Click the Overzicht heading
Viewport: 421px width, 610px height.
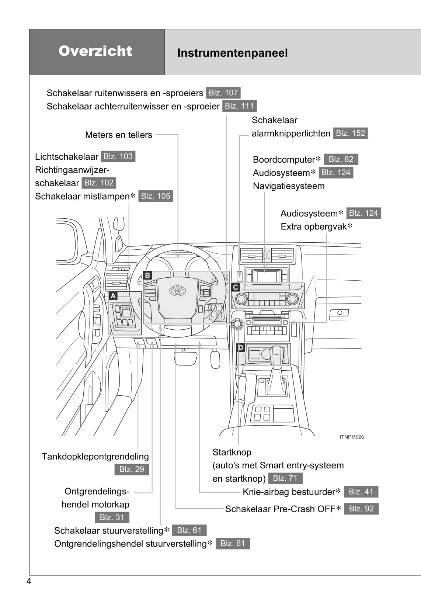click(x=95, y=51)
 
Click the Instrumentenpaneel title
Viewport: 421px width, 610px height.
click(x=232, y=53)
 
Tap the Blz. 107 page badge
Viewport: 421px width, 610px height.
click(x=223, y=93)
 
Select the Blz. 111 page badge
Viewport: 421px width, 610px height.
click(x=240, y=106)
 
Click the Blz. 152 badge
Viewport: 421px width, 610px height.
click(x=350, y=133)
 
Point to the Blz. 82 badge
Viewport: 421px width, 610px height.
click(x=341, y=159)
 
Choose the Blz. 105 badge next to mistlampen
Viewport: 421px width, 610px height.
click(x=156, y=196)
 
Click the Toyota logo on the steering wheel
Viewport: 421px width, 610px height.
click(x=177, y=291)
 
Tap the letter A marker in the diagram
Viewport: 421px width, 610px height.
click(x=113, y=296)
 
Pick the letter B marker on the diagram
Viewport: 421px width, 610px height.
click(x=147, y=275)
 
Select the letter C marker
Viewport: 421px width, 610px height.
click(x=236, y=287)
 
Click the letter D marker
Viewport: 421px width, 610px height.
click(x=240, y=347)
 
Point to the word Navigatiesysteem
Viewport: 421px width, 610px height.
click(x=289, y=186)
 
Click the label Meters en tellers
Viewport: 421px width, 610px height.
click(x=118, y=135)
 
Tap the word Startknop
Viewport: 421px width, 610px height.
click(x=232, y=452)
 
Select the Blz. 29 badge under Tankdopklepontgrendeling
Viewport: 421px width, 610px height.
click(x=132, y=469)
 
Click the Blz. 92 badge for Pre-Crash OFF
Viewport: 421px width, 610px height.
click(x=361, y=509)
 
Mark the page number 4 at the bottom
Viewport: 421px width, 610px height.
click(x=29, y=582)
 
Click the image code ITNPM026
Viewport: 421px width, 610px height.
click(x=352, y=437)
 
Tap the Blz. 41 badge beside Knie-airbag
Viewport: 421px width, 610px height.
click(x=361, y=492)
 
